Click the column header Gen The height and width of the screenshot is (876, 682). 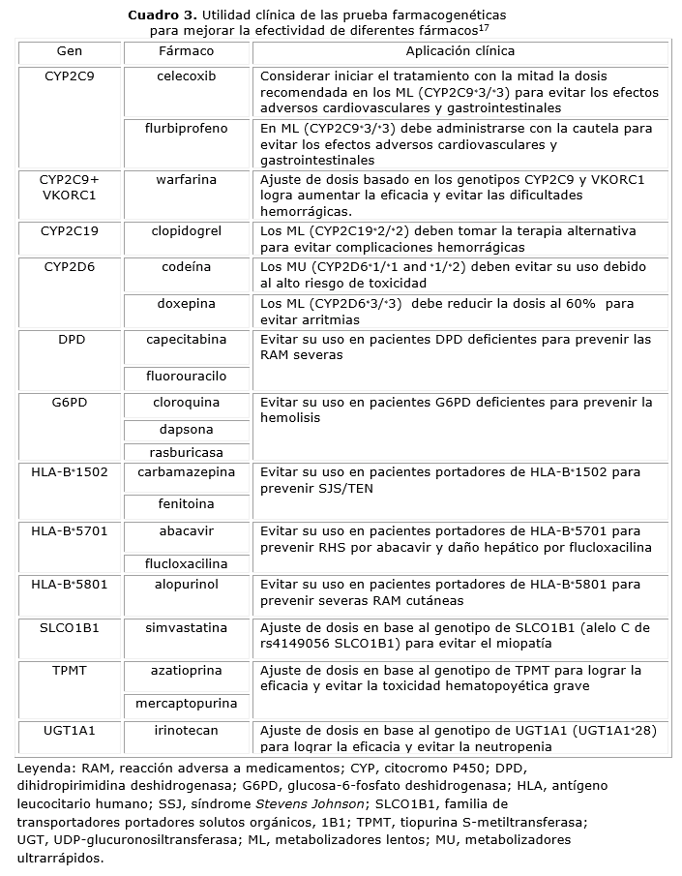coord(70,50)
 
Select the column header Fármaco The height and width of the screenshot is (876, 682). coord(187,50)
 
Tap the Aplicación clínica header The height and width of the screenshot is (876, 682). coord(460,50)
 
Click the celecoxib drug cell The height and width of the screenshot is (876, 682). coord(187,76)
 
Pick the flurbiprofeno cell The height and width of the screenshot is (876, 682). coord(187,128)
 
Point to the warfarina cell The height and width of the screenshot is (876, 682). coord(187,179)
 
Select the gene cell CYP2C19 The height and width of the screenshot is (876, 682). coord(70,231)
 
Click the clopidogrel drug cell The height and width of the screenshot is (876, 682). coord(187,231)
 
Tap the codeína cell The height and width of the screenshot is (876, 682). coord(187,266)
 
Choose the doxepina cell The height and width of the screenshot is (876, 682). coord(187,303)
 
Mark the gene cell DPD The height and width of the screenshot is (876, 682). coord(70,340)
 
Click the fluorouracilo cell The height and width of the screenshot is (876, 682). coord(187,375)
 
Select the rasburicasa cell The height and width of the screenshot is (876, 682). coord(187,452)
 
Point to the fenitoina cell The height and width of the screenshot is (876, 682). coord(187,504)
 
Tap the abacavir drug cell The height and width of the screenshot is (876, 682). coord(187,531)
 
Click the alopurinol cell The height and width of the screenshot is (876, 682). coord(187,585)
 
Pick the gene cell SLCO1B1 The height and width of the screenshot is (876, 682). coord(70,627)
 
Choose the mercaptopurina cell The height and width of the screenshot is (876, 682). coord(187,705)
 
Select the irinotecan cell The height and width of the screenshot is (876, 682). coord(187,731)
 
